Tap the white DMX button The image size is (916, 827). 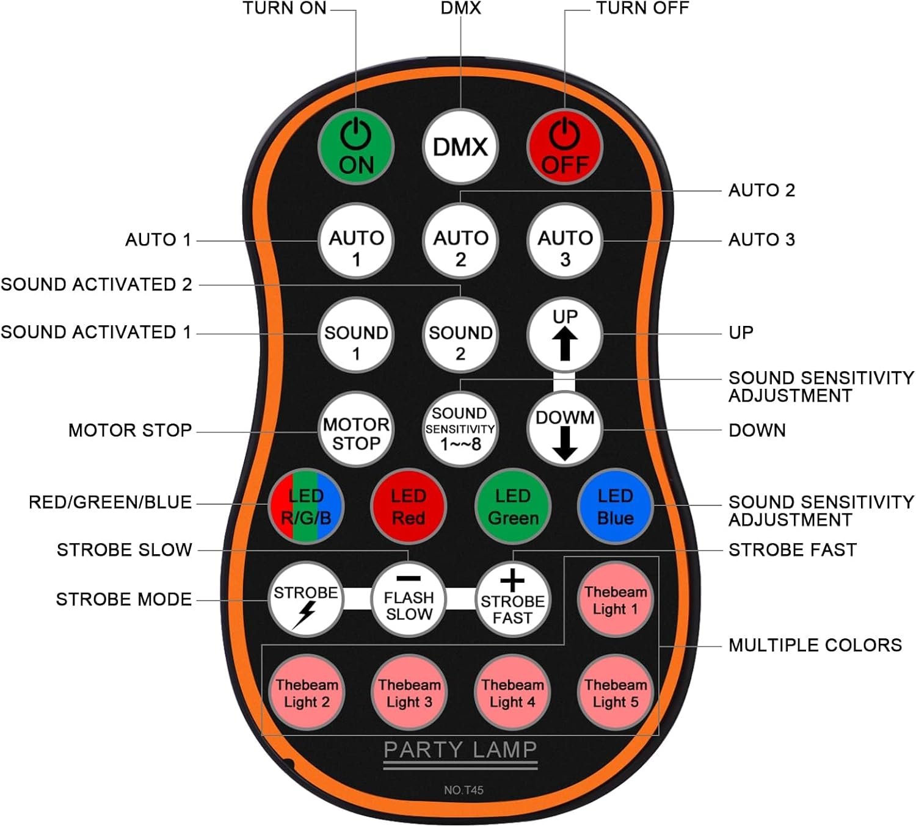460,147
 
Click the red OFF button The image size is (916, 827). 565,147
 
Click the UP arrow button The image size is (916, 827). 565,334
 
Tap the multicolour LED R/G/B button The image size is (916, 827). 306,507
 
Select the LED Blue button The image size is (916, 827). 615,507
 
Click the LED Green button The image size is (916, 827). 513,507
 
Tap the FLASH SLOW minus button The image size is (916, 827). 409,599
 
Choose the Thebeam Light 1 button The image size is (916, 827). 615,599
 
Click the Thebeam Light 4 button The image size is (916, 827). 512,693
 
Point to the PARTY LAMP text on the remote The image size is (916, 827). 460,749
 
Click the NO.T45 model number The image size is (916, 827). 463,790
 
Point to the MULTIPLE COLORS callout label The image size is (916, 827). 815,645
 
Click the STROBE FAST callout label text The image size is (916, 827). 792,550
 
